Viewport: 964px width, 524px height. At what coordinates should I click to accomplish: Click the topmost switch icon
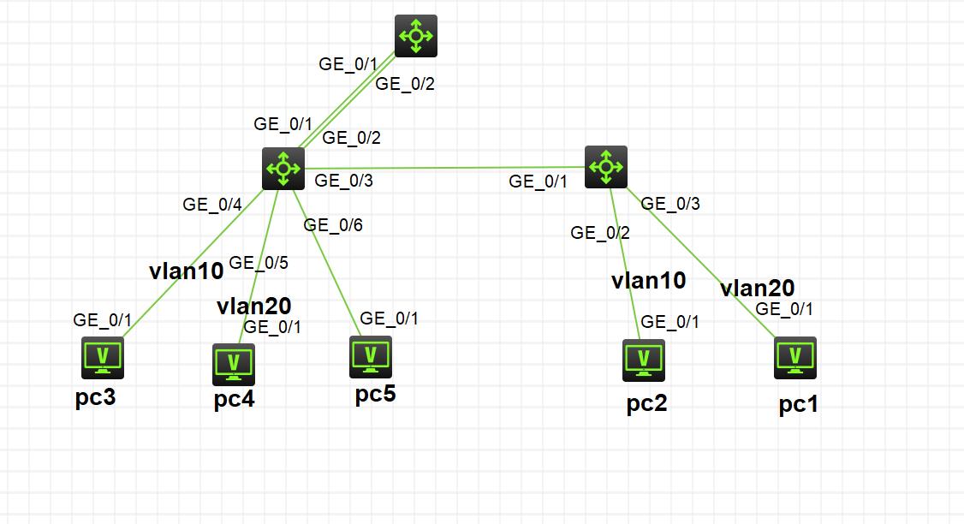click(416, 36)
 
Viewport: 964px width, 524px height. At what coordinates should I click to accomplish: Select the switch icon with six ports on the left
click(283, 168)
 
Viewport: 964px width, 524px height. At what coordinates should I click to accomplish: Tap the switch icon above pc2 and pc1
click(606, 167)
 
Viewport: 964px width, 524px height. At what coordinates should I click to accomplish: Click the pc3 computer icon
click(103, 358)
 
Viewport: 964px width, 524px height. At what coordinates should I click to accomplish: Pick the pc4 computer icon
click(234, 364)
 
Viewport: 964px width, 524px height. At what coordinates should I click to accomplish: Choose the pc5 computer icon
click(371, 357)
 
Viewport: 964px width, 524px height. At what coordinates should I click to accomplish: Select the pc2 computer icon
click(644, 360)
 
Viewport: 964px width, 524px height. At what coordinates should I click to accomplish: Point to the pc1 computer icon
click(795, 358)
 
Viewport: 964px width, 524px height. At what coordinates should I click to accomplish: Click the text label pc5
click(376, 395)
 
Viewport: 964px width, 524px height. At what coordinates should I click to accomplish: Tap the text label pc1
click(798, 404)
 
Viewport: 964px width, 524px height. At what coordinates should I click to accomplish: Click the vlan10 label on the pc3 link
click(186, 271)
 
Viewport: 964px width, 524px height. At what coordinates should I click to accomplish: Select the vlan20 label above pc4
click(254, 306)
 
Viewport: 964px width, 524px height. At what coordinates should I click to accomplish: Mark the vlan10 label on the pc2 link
click(648, 280)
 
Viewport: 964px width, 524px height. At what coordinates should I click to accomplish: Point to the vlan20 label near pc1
click(757, 288)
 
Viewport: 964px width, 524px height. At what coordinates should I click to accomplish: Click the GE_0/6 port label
click(333, 225)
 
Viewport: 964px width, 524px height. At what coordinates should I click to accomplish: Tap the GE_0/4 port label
click(212, 205)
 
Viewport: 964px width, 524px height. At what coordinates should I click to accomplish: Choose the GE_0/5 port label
click(259, 263)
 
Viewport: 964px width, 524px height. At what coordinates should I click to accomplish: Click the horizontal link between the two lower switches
click(445, 168)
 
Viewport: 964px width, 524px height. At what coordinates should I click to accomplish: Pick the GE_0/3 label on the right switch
click(670, 204)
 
